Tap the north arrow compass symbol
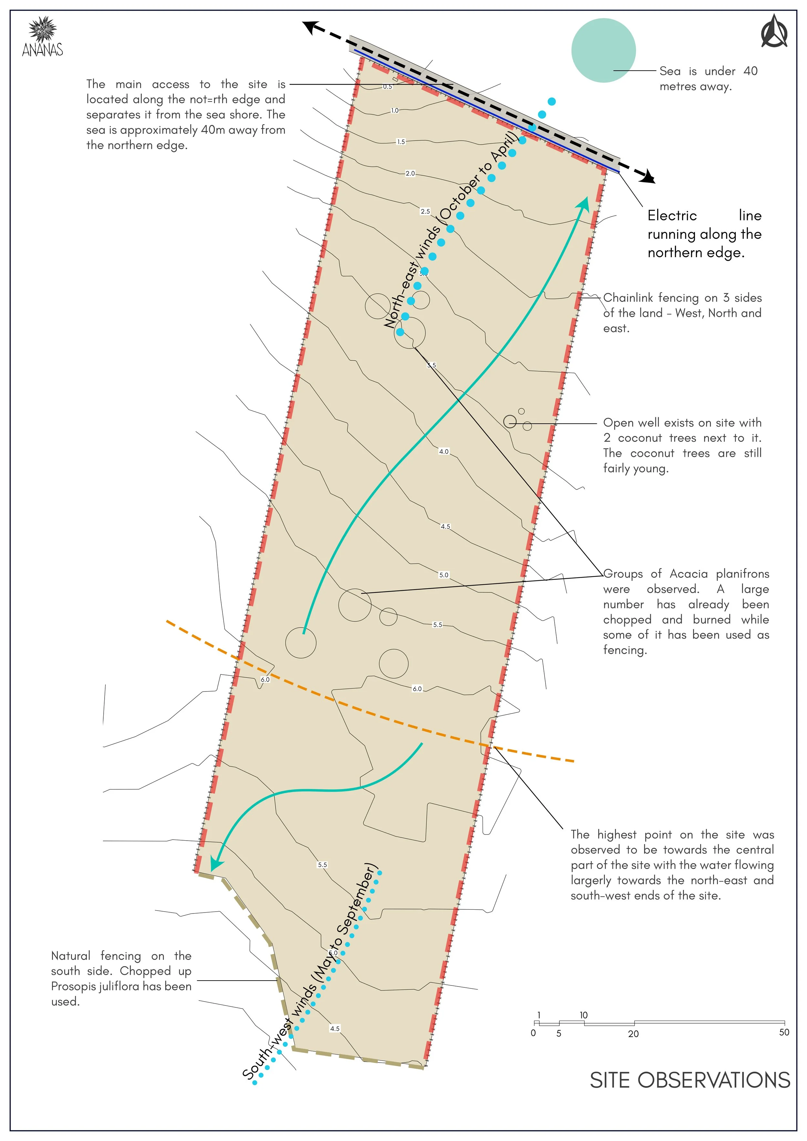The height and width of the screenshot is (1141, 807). [774, 32]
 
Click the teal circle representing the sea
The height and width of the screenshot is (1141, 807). [603, 50]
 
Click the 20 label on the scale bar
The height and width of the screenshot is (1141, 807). [633, 1034]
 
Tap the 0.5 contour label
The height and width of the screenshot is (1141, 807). [387, 86]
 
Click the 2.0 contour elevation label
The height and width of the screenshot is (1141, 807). [410, 173]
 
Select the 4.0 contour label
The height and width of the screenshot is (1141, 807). [444, 451]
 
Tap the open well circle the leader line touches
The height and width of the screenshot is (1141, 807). [510, 421]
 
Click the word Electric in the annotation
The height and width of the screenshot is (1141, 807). [672, 215]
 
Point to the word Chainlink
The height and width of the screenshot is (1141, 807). [626, 298]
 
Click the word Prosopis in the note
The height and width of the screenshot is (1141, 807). [71, 986]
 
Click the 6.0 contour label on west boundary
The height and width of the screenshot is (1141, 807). [265, 679]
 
